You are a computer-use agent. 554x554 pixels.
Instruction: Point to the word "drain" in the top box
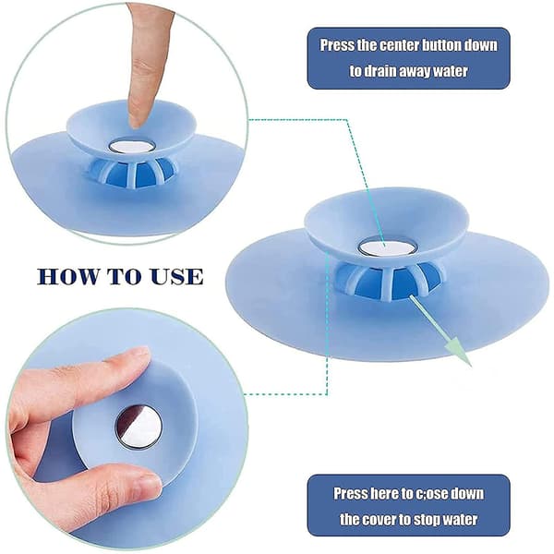tap(380, 71)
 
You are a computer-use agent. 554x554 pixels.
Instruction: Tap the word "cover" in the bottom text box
tap(379, 519)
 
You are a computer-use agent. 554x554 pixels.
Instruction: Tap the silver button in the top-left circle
tap(131, 146)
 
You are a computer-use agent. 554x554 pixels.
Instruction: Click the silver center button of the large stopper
tap(386, 247)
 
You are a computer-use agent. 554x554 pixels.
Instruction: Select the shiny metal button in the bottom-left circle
tap(139, 426)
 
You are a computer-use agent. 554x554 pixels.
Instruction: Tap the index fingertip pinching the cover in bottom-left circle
tap(136, 355)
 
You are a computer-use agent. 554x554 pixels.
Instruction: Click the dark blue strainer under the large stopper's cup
tap(389, 281)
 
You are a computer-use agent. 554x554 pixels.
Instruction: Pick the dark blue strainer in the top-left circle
tap(131, 173)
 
